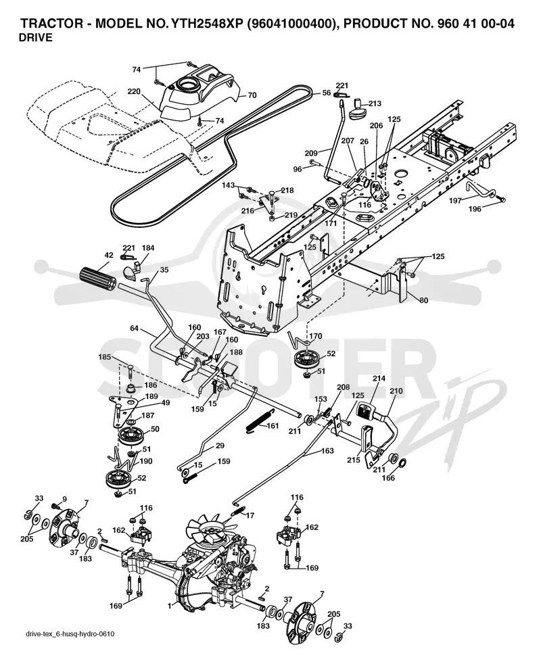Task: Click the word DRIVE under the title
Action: tap(36, 38)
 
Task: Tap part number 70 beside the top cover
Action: tap(252, 95)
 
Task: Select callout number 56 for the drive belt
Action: tap(327, 93)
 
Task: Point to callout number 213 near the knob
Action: tap(375, 103)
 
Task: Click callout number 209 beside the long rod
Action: tap(312, 153)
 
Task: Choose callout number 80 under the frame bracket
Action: tap(423, 300)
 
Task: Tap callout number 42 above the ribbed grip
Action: tap(109, 255)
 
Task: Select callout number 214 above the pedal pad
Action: tap(379, 379)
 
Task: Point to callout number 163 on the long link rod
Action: tap(327, 450)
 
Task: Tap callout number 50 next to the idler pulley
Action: tap(155, 429)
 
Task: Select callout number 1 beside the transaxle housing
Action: tap(170, 606)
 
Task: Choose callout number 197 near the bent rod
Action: tap(455, 200)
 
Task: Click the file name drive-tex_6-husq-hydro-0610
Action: tap(70, 634)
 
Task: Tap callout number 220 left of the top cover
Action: tap(134, 91)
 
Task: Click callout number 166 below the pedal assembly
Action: tap(388, 478)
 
